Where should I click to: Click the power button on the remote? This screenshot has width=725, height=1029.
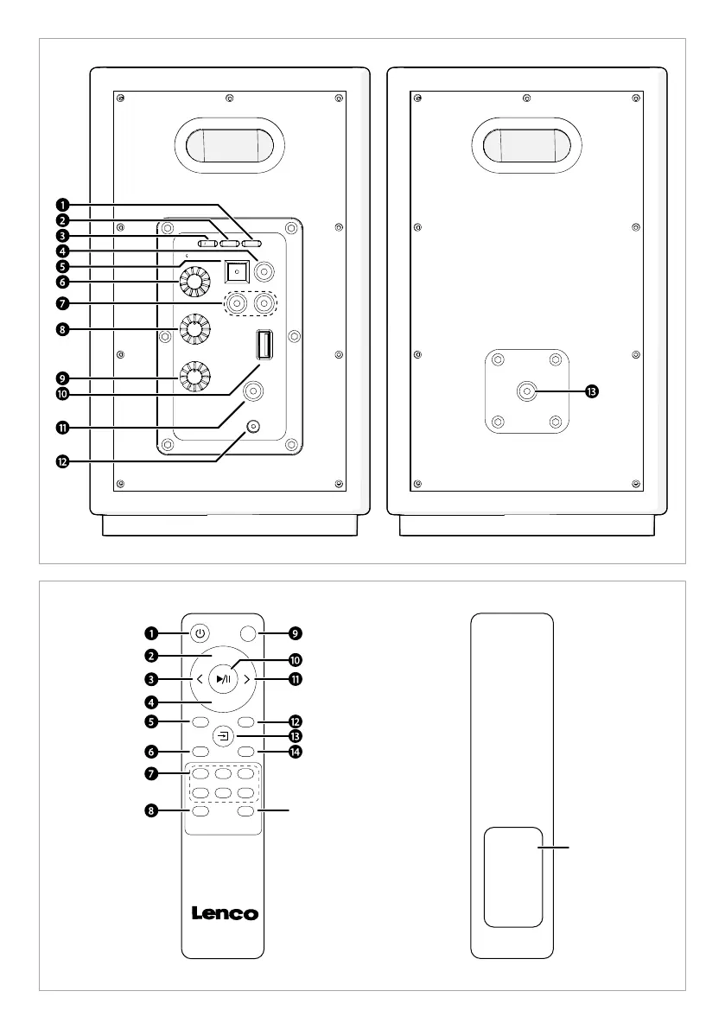pos(200,633)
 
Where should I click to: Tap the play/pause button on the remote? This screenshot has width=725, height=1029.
pos(223,679)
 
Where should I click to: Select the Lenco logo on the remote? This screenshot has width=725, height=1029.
pos(225,913)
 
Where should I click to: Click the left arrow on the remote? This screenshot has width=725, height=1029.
pos(200,680)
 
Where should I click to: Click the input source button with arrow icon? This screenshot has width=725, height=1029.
pos(224,736)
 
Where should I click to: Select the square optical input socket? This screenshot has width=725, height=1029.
pos(237,270)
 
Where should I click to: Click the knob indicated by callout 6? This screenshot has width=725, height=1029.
pos(194,283)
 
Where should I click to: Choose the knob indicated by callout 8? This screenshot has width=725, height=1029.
pos(194,329)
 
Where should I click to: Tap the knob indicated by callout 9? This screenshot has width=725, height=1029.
pos(194,377)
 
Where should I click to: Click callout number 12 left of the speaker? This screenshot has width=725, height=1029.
pos(62,462)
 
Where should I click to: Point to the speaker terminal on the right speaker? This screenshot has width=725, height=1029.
pos(526,391)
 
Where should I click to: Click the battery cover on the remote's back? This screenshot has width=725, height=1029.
pos(514,878)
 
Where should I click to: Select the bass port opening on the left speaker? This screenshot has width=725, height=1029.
pos(229,145)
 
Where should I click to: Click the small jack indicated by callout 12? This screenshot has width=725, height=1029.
pos(253,427)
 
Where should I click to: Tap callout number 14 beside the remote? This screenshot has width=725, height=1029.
pos(296,752)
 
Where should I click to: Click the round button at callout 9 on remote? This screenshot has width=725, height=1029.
pos(248,633)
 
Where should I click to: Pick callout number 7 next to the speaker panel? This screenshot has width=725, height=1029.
pos(62,303)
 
